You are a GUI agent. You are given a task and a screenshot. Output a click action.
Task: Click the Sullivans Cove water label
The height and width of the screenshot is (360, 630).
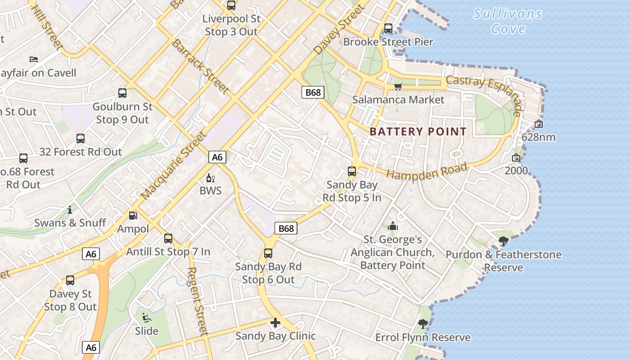click(508, 21)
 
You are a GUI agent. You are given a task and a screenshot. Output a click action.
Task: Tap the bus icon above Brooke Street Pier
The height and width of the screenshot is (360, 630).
click(388, 28)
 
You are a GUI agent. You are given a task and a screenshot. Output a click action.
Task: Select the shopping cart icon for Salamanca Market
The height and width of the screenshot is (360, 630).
click(398, 86)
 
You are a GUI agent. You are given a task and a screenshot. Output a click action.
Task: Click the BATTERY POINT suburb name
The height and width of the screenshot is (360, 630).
click(418, 132)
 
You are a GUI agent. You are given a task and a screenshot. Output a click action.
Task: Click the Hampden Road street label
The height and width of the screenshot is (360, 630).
click(427, 171)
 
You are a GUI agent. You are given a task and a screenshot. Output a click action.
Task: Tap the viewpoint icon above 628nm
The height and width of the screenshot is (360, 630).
click(538, 124)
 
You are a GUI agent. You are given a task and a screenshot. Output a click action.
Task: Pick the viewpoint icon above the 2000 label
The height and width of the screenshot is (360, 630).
click(516, 158)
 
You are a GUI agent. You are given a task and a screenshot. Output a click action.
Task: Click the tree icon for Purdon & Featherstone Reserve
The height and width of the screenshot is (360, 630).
click(504, 242)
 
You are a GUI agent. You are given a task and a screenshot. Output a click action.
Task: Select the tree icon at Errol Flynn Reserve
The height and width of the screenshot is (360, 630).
click(423, 324)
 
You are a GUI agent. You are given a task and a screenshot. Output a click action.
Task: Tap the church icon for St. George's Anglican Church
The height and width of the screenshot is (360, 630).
click(393, 226)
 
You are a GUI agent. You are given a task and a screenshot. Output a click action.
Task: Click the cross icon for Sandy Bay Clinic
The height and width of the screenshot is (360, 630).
click(275, 323)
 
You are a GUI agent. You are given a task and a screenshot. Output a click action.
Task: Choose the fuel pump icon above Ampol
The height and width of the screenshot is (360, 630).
click(133, 216)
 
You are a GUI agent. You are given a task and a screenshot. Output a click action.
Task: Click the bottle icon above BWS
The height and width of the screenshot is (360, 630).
click(208, 178)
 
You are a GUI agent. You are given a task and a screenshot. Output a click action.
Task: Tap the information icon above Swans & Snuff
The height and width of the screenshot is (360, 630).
click(70, 210)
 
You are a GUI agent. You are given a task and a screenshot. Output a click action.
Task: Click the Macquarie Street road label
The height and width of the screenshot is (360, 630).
click(174, 166)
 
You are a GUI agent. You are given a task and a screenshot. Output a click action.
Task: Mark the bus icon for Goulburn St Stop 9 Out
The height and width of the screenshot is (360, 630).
click(122, 93)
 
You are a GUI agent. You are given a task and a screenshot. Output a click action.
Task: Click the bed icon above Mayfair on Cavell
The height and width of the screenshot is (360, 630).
click(34, 59)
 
